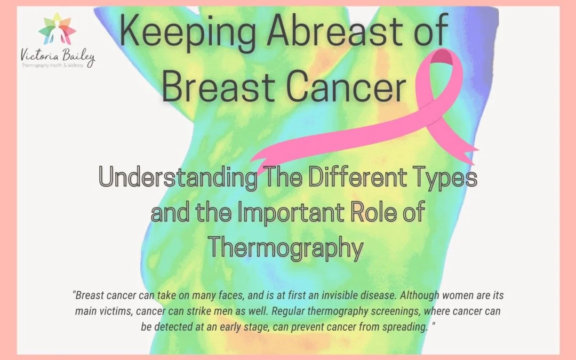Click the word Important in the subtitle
coord(286,213)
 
